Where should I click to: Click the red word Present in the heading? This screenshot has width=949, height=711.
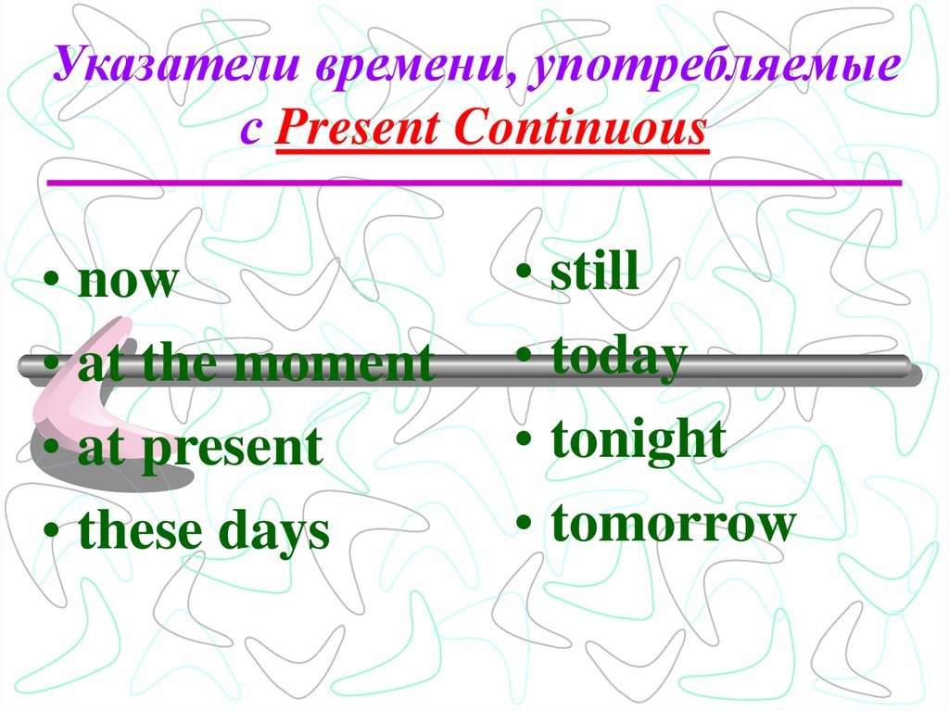(x=357, y=129)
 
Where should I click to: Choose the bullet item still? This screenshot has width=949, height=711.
(x=594, y=273)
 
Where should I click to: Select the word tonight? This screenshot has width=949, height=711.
(x=639, y=440)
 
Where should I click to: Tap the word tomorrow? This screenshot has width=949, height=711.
(x=673, y=524)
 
